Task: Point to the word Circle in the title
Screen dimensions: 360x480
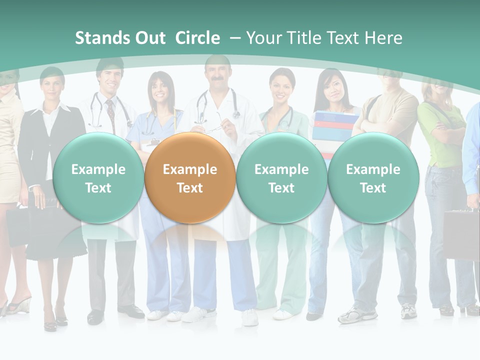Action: [x=197, y=38]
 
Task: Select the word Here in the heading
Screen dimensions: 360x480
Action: [x=383, y=38]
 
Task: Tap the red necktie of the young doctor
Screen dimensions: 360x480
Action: [x=110, y=114]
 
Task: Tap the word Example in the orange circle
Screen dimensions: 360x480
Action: [x=189, y=169]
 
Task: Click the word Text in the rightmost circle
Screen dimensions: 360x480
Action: [x=373, y=188]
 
